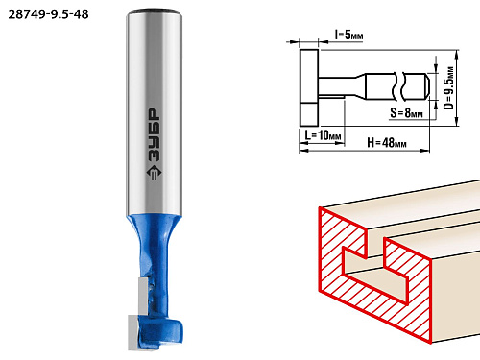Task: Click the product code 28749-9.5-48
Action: click(x=48, y=14)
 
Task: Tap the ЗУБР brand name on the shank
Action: click(x=155, y=134)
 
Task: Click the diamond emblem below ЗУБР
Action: click(x=154, y=173)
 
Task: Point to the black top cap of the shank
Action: click(x=155, y=12)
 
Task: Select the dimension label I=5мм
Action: click(x=348, y=35)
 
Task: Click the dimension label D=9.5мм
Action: click(x=449, y=88)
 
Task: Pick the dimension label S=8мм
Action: click(x=406, y=112)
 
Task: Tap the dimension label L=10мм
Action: click(x=323, y=135)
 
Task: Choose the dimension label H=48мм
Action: click(x=387, y=142)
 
